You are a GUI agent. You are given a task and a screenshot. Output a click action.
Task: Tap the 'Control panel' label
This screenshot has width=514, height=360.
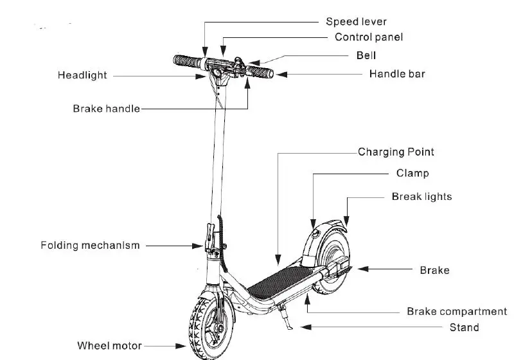[x=369, y=37]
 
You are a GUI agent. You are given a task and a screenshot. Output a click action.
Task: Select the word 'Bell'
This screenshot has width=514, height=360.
[x=366, y=55]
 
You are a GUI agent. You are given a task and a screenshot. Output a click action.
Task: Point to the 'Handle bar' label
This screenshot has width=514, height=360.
[x=396, y=74]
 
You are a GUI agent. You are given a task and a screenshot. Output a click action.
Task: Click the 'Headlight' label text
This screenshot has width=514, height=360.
[x=82, y=75]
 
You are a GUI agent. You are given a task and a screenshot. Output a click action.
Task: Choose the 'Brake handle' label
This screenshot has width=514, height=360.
[x=106, y=109]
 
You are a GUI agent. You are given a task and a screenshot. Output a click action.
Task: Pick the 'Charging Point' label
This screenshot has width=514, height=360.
[x=396, y=152]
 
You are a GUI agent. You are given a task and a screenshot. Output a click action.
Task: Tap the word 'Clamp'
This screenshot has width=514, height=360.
[x=412, y=174]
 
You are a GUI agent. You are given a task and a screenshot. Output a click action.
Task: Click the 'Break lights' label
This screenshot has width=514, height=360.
[x=421, y=197]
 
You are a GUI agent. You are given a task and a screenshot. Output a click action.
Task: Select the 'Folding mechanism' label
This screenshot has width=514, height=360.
[x=90, y=245]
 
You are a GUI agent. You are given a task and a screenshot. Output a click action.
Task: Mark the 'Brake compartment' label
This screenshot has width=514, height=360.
[x=456, y=312]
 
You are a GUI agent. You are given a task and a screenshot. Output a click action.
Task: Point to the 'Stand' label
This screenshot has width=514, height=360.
[x=463, y=328]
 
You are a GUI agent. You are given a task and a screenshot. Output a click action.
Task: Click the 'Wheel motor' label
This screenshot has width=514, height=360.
[x=109, y=346]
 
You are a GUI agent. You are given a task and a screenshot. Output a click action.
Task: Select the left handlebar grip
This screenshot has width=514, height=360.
[x=186, y=62]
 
